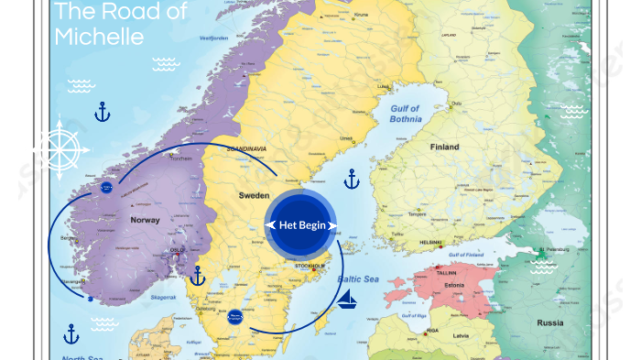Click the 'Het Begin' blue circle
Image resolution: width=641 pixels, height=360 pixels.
click(x=301, y=224)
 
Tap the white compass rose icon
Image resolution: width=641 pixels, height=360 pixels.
click(x=60, y=148)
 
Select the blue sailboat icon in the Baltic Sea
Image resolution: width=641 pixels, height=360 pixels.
click(x=347, y=298)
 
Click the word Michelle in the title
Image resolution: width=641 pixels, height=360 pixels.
click(x=99, y=37)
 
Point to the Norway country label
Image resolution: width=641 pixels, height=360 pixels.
click(x=145, y=220)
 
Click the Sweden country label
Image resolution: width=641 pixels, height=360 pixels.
click(x=254, y=196)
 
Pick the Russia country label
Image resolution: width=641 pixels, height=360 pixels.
click(x=549, y=322)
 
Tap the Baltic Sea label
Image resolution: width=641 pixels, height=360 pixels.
click(x=358, y=278)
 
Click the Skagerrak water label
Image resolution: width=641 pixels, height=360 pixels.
click(x=164, y=298)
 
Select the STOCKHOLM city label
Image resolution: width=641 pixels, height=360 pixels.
click(x=310, y=266)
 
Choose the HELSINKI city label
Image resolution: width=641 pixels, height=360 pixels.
click(x=430, y=243)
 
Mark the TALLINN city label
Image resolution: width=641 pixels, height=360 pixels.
click(x=446, y=272)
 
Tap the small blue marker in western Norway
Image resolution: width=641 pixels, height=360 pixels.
click(x=105, y=189)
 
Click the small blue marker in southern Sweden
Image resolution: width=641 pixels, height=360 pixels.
click(x=234, y=314)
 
